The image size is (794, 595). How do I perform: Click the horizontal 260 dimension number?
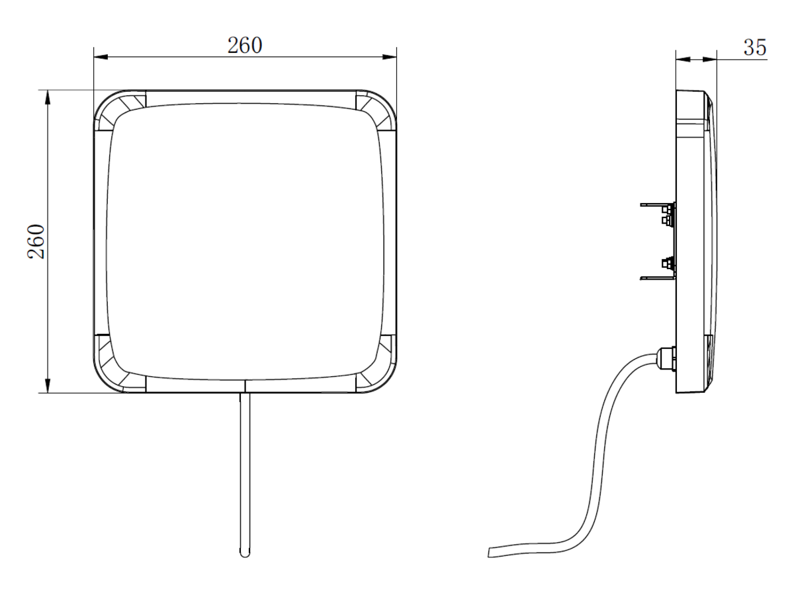[x=245, y=46]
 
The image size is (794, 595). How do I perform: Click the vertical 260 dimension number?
[x=36, y=241]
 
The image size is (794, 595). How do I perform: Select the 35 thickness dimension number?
[x=755, y=48]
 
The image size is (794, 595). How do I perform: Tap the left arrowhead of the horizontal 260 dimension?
[x=101, y=57]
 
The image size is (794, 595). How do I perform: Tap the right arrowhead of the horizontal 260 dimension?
[x=390, y=57]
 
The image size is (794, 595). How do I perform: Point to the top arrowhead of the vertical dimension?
[x=48, y=97]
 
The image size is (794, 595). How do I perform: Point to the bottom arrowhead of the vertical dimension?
[x=48, y=385]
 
